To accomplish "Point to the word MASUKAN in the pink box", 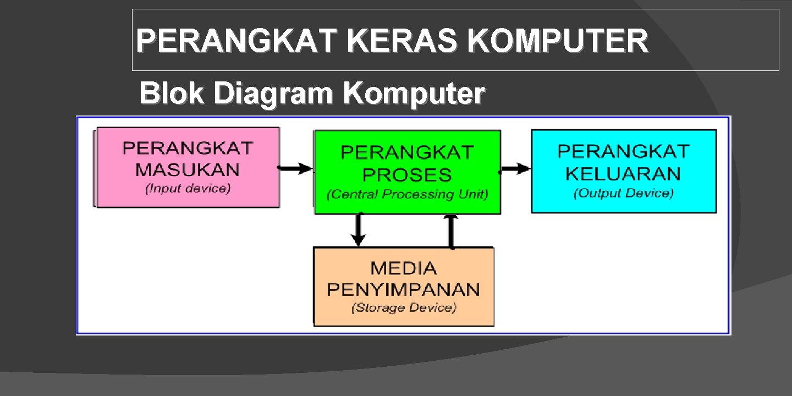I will click(188, 169).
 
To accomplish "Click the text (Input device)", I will click(188, 189).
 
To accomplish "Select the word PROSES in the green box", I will click(407, 175).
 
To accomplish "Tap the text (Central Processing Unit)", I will click(407, 195).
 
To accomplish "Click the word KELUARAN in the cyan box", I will click(623, 174).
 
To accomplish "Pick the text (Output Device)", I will click(623, 193).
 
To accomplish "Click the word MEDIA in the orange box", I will click(404, 268).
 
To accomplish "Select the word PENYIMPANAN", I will click(404, 289).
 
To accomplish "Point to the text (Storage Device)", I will click(404, 307).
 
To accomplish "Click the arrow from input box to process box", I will click(296, 168).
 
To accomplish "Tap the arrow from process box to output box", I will click(516, 169).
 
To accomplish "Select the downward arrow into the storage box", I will click(359, 230).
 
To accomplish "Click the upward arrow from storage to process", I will click(451, 231).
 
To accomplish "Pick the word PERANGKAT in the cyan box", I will click(623, 151).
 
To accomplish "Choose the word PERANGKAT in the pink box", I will click(188, 148).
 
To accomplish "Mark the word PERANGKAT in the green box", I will click(407, 152).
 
